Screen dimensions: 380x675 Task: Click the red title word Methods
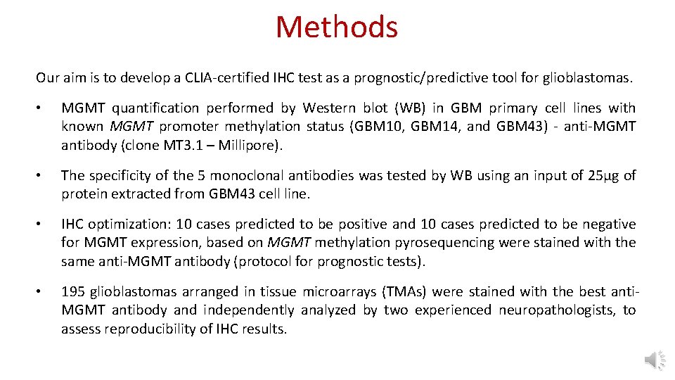[337, 27]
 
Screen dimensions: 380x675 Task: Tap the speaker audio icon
[653, 360]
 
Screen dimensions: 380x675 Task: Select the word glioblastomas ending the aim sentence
[587, 78]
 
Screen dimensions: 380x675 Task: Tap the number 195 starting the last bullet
[72, 292]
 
